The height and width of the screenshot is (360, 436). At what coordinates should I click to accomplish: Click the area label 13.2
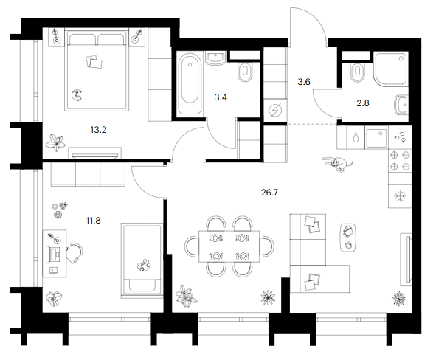(x=98, y=130)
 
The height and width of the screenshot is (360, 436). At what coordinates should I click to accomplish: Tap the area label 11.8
(x=93, y=221)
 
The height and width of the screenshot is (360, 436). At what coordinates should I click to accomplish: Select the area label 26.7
(x=269, y=193)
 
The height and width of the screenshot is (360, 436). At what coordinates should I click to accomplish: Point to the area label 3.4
(x=221, y=97)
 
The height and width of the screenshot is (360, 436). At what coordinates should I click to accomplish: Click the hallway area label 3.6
(x=304, y=82)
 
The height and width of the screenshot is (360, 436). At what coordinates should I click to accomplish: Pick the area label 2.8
(x=363, y=103)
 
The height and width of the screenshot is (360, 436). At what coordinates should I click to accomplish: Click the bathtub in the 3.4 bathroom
(x=190, y=83)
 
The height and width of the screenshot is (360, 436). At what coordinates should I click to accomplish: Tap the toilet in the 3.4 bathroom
(x=245, y=72)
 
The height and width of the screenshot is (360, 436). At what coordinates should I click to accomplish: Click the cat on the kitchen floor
(x=338, y=164)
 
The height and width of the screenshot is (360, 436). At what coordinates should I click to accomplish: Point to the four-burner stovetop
(x=400, y=161)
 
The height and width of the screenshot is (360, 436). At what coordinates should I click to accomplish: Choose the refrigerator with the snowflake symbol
(x=400, y=196)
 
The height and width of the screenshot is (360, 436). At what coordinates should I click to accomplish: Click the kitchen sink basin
(x=376, y=138)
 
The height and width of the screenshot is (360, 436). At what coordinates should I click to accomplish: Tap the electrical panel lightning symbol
(x=275, y=111)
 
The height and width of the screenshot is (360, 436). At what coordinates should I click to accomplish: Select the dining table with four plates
(x=229, y=246)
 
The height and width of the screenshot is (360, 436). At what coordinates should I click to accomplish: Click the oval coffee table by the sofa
(x=348, y=237)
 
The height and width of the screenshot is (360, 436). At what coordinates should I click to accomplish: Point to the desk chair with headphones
(x=75, y=253)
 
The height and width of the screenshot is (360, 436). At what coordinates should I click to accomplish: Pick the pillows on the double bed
(x=94, y=61)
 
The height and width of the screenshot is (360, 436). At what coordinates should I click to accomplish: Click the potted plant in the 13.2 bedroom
(x=55, y=143)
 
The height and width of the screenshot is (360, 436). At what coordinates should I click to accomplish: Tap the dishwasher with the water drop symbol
(x=356, y=138)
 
